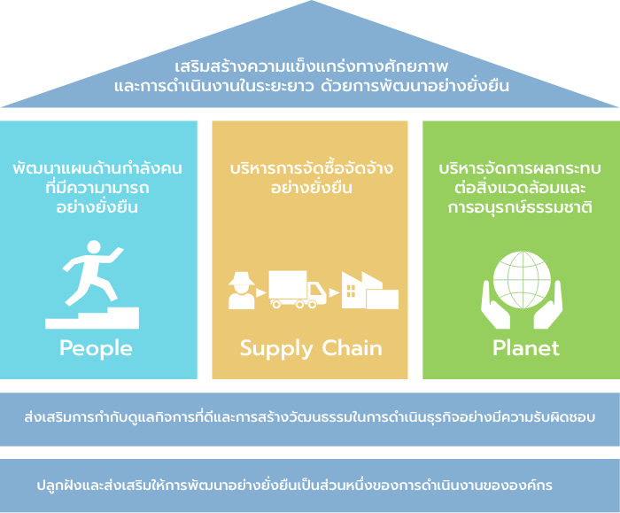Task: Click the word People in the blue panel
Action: click(96, 348)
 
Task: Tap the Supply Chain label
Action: click(311, 348)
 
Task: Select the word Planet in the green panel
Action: click(526, 348)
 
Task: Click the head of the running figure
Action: click(94, 247)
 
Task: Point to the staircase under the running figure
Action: click(92, 319)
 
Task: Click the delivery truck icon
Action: click(298, 289)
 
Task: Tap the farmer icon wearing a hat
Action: click(242, 291)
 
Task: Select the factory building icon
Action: click(370, 291)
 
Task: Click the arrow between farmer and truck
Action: click(261, 292)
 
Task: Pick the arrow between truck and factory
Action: click(334, 292)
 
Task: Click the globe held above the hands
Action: click(522, 280)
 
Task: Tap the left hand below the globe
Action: click(495, 307)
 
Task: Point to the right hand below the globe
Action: click(548, 307)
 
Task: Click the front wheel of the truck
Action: click(312, 304)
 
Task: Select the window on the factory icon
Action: click(351, 291)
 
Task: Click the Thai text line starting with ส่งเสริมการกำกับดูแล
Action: click(310, 417)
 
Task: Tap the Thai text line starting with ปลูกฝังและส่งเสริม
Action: click(295, 485)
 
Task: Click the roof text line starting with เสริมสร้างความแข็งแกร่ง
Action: click(312, 66)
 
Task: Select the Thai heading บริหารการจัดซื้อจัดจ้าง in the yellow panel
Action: click(312, 168)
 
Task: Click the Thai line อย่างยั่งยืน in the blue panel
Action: click(97, 206)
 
